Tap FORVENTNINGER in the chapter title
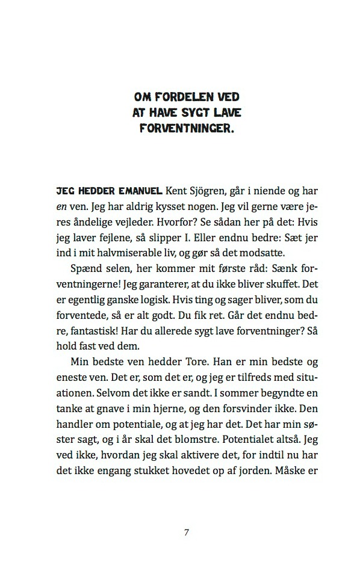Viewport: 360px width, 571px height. pyautogui.click(x=180, y=128)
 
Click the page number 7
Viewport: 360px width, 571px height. pyautogui.click(x=186, y=532)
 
